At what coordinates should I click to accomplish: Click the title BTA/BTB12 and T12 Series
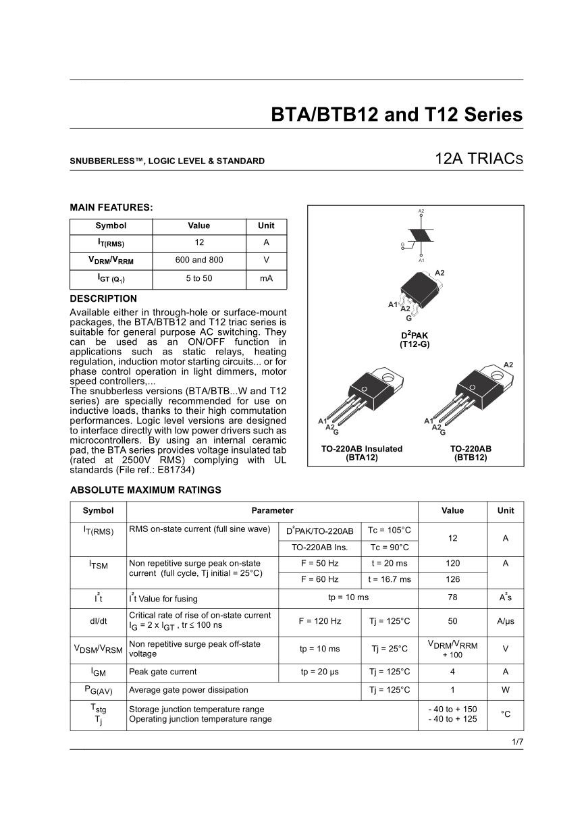(396, 114)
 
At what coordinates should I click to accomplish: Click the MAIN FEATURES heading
(111, 207)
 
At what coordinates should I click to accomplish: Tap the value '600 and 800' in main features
(198, 260)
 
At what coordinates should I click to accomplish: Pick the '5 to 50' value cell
(198, 277)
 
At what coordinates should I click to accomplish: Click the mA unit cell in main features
(266, 277)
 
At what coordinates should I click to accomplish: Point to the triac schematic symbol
(421, 236)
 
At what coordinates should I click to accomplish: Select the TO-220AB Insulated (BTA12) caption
(362, 453)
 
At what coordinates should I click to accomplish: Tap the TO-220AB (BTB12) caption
(471, 453)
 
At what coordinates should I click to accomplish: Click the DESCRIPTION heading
(103, 298)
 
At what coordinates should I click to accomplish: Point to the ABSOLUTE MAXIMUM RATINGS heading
(145, 490)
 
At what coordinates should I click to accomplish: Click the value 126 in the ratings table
(452, 580)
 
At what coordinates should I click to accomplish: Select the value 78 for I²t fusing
(452, 597)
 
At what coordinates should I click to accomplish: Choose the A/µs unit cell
(505, 621)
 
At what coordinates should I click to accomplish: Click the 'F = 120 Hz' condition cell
(319, 621)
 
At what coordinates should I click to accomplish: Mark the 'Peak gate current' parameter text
(163, 672)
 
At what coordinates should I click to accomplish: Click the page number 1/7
(517, 742)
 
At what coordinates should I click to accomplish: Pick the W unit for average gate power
(505, 690)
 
